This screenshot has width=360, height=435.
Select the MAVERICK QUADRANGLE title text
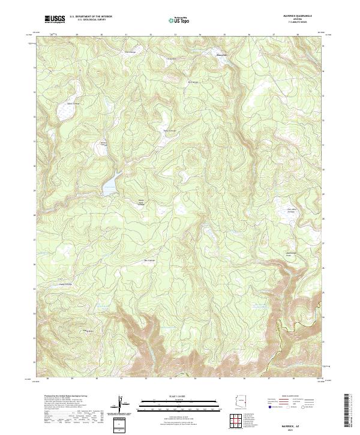pyautogui.click(x=298, y=16)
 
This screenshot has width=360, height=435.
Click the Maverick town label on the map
pyautogui.click(x=221, y=55)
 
